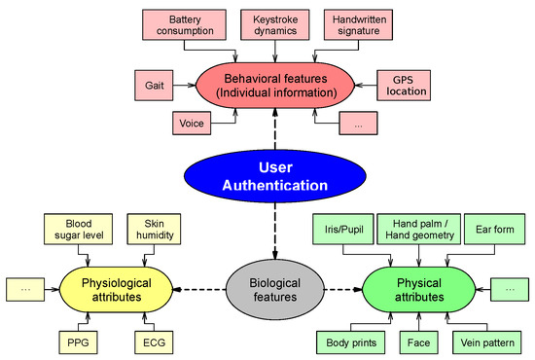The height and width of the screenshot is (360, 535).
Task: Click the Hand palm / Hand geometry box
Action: tap(417, 230)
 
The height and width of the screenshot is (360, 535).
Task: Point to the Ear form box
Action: tap(495, 230)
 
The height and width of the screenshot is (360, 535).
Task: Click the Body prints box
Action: tap(351, 342)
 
